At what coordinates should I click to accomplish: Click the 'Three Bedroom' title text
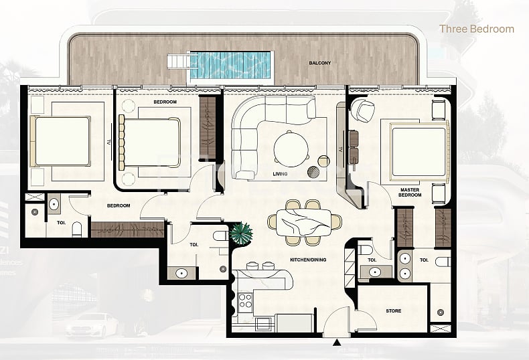pos(476,29)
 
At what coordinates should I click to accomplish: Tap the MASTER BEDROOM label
pos(410,192)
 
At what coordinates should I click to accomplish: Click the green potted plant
pos(240,235)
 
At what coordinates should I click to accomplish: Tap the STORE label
pos(394,310)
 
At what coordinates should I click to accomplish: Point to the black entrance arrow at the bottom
pos(337,343)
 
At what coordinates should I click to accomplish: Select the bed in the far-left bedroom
pos(60,141)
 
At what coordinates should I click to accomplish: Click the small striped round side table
pos(314,171)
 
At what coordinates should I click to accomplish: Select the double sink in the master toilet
pos(404,266)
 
